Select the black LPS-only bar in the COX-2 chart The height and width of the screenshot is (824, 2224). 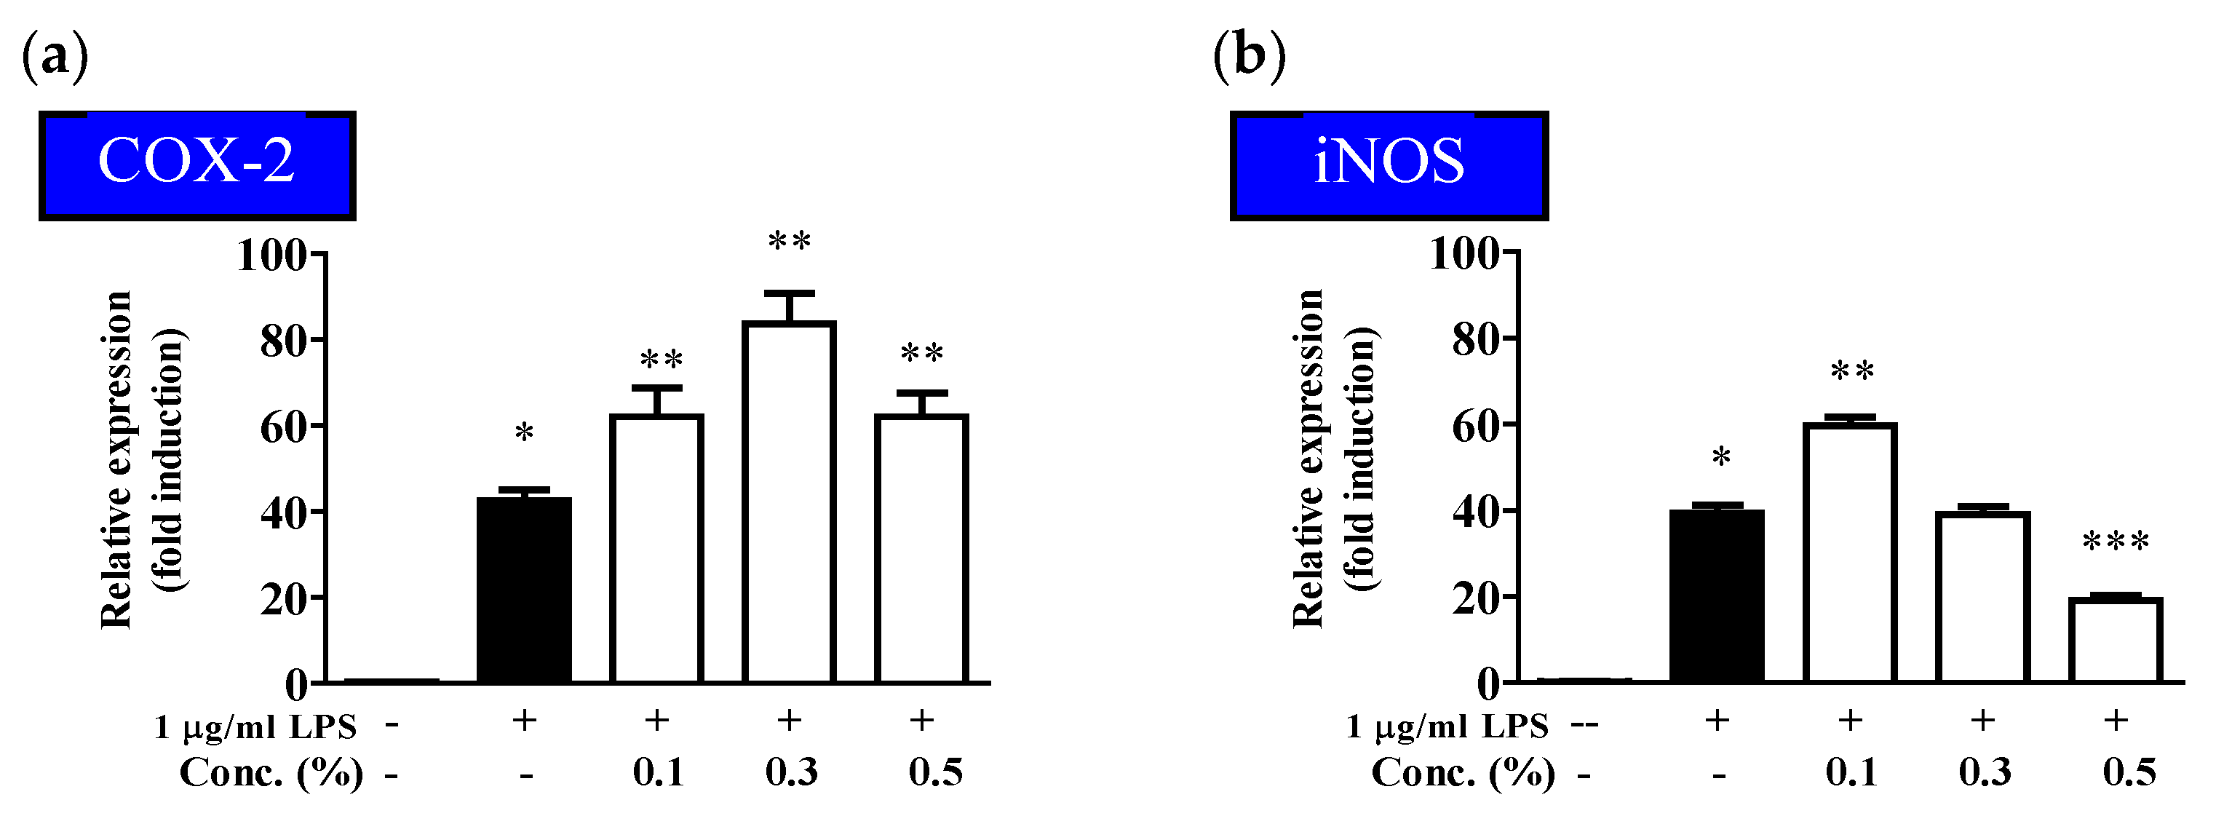point(524,590)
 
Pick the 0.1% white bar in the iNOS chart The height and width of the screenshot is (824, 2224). point(1850,552)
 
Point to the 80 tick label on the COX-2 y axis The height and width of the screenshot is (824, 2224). point(284,342)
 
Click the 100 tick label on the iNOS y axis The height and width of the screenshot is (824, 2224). point(1464,254)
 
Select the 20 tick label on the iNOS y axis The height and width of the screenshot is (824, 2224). point(1477,598)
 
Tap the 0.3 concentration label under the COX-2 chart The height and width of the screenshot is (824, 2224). point(791,772)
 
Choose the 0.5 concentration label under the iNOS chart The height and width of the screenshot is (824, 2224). point(2129,772)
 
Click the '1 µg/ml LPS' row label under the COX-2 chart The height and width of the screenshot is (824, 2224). point(255,726)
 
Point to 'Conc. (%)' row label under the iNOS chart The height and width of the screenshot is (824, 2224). point(1463,772)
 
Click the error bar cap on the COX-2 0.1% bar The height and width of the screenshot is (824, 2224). point(657,388)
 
